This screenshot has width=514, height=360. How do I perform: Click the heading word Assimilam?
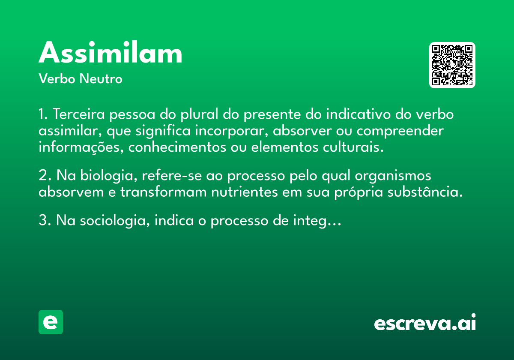pos(111,52)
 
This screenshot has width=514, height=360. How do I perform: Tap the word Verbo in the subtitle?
pos(57,78)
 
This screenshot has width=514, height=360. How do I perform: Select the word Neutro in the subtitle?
pos(101,78)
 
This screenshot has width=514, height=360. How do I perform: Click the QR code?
pos(452,65)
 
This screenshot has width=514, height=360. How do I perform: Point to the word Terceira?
pos(79,114)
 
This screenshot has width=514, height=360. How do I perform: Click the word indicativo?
pos(358,114)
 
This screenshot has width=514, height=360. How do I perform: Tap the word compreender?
pos(400,131)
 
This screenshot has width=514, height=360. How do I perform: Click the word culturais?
pos(353,147)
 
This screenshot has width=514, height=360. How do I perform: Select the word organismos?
pos(393,176)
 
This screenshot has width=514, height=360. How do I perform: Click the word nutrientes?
pos(245,192)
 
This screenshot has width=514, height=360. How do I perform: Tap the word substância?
pos(425,192)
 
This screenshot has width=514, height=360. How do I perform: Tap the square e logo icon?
pos(51,322)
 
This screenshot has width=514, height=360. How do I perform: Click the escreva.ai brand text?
pos(425,322)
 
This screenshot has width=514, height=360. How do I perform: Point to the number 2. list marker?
pos(45,175)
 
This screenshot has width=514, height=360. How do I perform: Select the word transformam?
pos(163,192)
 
